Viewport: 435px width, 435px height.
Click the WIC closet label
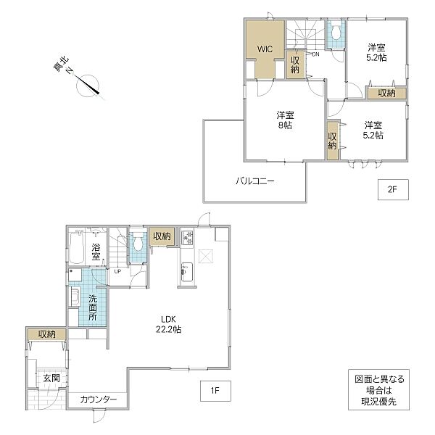point(265,49)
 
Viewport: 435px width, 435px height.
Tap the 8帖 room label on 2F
point(285,120)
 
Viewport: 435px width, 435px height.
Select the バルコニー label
point(255,181)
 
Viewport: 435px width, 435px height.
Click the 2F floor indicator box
point(393,189)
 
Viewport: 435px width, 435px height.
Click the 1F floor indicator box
point(215,391)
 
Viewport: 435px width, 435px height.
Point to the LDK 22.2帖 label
point(169,324)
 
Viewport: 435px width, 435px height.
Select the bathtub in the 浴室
point(76,246)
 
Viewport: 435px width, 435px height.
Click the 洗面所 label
point(93,307)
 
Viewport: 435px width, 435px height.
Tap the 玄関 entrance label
point(51,378)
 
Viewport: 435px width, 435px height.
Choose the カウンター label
point(99,399)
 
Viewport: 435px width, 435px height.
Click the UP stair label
point(117,271)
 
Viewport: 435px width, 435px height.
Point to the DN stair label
point(315,54)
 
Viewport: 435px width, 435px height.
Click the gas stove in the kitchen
point(187,238)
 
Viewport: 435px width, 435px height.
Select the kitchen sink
point(187,272)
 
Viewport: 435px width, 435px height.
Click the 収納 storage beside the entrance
point(46,334)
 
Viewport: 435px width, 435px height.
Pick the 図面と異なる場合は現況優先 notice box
point(378,390)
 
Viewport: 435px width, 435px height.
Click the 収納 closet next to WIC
point(295,65)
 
